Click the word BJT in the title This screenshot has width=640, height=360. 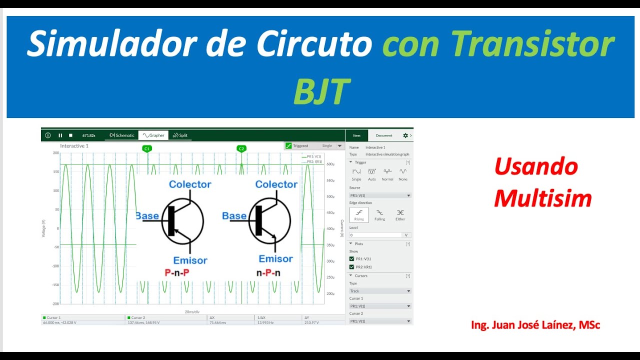[320, 91]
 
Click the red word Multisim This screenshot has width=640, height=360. [542, 199]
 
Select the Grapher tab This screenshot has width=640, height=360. [153, 135]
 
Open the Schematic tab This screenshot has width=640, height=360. [122, 135]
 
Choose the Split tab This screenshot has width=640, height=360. [180, 135]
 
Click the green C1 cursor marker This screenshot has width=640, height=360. [146, 148]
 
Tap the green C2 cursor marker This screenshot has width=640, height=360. [241, 148]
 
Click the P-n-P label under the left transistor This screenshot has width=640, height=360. [177, 273]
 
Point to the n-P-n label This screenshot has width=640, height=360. [268, 273]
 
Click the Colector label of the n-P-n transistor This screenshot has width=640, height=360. [276, 184]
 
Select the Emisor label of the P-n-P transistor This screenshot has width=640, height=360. [190, 260]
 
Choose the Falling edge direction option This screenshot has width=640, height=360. [379, 214]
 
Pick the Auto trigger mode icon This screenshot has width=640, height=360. [371, 173]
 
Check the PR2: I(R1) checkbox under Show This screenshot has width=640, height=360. [351, 267]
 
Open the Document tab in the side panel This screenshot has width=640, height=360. [384, 135]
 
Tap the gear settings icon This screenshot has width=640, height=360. [405, 135]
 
